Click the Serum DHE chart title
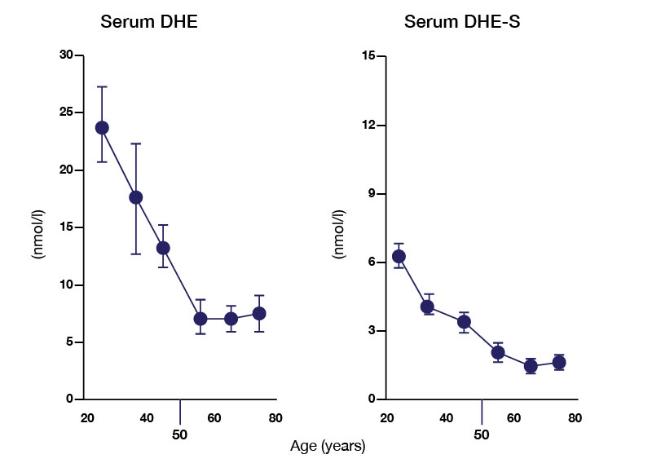coord(149,22)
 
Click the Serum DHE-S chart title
coord(463,22)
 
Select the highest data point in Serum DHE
coord(102,128)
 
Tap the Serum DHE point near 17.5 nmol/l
coord(136,197)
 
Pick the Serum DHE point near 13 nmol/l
coord(163,248)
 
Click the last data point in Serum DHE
coord(259,313)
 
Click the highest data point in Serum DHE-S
coord(399,256)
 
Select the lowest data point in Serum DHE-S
coord(531,366)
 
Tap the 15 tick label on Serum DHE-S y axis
coord(368,55)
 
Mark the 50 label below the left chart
coord(180,434)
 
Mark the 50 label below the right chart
coord(482,434)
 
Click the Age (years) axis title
coord(328,447)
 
